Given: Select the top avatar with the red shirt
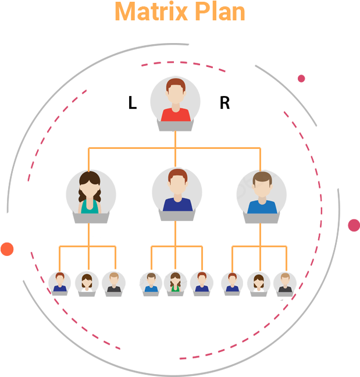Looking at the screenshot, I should point(176,102).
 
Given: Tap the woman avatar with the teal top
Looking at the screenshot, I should point(90,194).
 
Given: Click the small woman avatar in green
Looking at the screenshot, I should point(175,283).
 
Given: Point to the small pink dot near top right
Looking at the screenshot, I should point(301,79).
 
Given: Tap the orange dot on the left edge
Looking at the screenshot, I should point(6,249).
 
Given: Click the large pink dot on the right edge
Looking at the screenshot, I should point(354,225).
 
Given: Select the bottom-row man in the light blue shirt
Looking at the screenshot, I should point(151,283).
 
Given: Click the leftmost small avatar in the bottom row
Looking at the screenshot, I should point(59,283).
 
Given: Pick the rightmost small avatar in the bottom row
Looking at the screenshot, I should point(284,283).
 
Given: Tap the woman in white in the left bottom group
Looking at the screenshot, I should point(87,283).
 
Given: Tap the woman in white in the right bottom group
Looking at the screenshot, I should point(258,283).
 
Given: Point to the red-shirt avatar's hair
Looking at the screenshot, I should point(175,85).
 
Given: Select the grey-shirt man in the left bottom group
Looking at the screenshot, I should point(113,283).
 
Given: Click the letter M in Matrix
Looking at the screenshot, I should point(124,12).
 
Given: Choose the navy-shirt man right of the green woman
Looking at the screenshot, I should point(201,283).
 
